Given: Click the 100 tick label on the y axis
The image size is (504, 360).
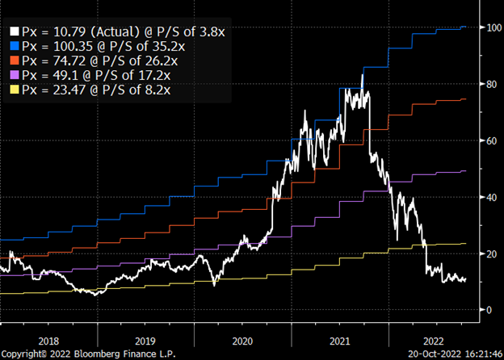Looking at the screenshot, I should [x=489, y=28].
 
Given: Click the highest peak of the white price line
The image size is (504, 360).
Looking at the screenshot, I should [x=363, y=75].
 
